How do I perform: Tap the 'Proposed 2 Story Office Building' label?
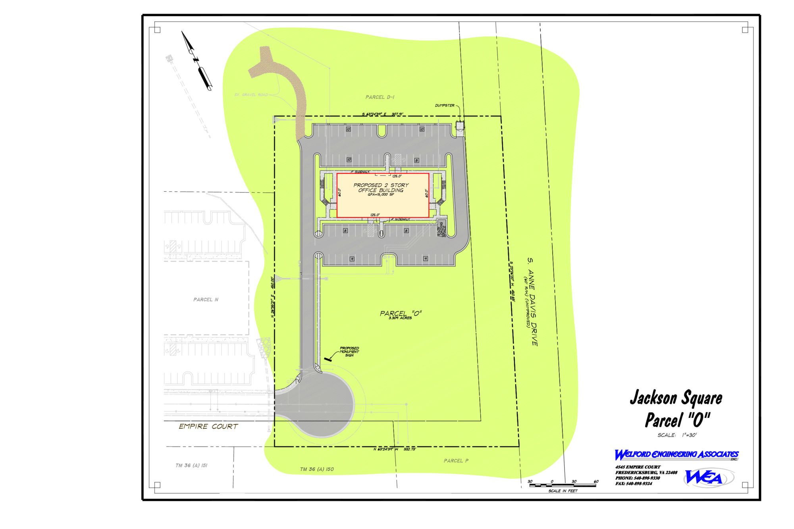(x=381, y=188)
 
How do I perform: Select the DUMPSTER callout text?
(x=444, y=106)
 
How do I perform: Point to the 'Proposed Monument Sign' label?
(x=349, y=352)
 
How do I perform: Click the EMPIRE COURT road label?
(x=208, y=427)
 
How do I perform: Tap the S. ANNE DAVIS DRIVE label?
(x=532, y=302)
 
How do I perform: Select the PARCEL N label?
(x=206, y=300)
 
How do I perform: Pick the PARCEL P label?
(x=456, y=461)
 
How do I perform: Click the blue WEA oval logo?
(x=708, y=478)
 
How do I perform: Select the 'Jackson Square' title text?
(x=676, y=398)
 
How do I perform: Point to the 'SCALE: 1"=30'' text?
(x=677, y=435)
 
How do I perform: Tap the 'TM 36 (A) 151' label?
(x=191, y=466)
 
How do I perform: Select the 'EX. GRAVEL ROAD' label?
(x=251, y=95)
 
